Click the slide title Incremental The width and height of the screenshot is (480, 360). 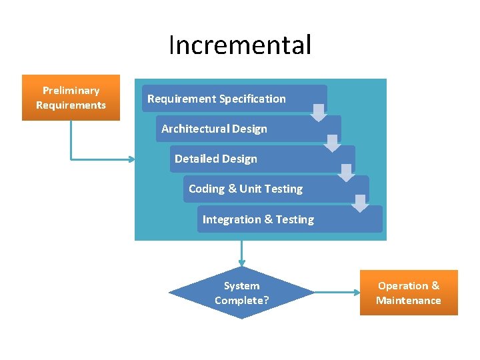point(240,45)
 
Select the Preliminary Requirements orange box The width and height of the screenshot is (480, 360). point(71,97)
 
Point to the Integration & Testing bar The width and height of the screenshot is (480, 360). point(289,219)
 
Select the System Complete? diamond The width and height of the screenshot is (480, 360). point(241,293)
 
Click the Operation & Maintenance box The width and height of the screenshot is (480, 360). point(409,293)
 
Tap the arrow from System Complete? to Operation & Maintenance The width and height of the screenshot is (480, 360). point(337,292)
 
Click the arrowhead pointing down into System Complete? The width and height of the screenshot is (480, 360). point(241,262)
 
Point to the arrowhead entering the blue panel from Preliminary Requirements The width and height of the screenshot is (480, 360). point(131,159)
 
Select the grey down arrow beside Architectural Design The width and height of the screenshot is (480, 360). point(333,143)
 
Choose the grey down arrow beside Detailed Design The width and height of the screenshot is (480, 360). point(346,173)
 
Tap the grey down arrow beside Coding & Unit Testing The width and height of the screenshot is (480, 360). point(360,203)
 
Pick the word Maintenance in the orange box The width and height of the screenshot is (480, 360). point(409,300)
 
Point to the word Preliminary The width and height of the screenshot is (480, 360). point(71,90)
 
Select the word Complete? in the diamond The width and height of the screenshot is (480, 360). point(241,300)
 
